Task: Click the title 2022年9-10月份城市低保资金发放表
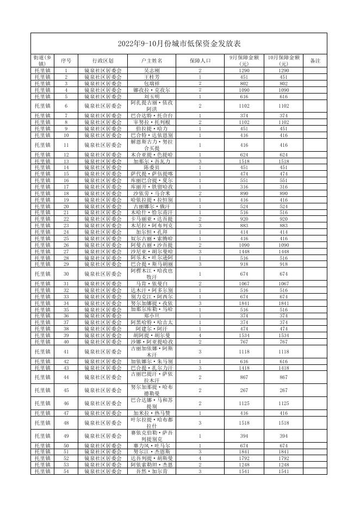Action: tap(180, 44)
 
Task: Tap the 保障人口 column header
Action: tap(200, 61)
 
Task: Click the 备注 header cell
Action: tap(315, 61)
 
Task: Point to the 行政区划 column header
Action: tap(103, 61)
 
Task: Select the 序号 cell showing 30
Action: tap(66, 274)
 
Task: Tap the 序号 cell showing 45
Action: tap(66, 390)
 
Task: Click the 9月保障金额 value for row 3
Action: tap(244, 84)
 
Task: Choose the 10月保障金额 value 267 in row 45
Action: tap(284, 390)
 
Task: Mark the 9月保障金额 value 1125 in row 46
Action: tap(244, 404)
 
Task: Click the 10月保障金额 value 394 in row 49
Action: tap(284, 436)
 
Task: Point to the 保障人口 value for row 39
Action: tap(200, 335)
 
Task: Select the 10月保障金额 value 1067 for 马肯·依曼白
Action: tap(284, 284)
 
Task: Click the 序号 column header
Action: tap(66, 61)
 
